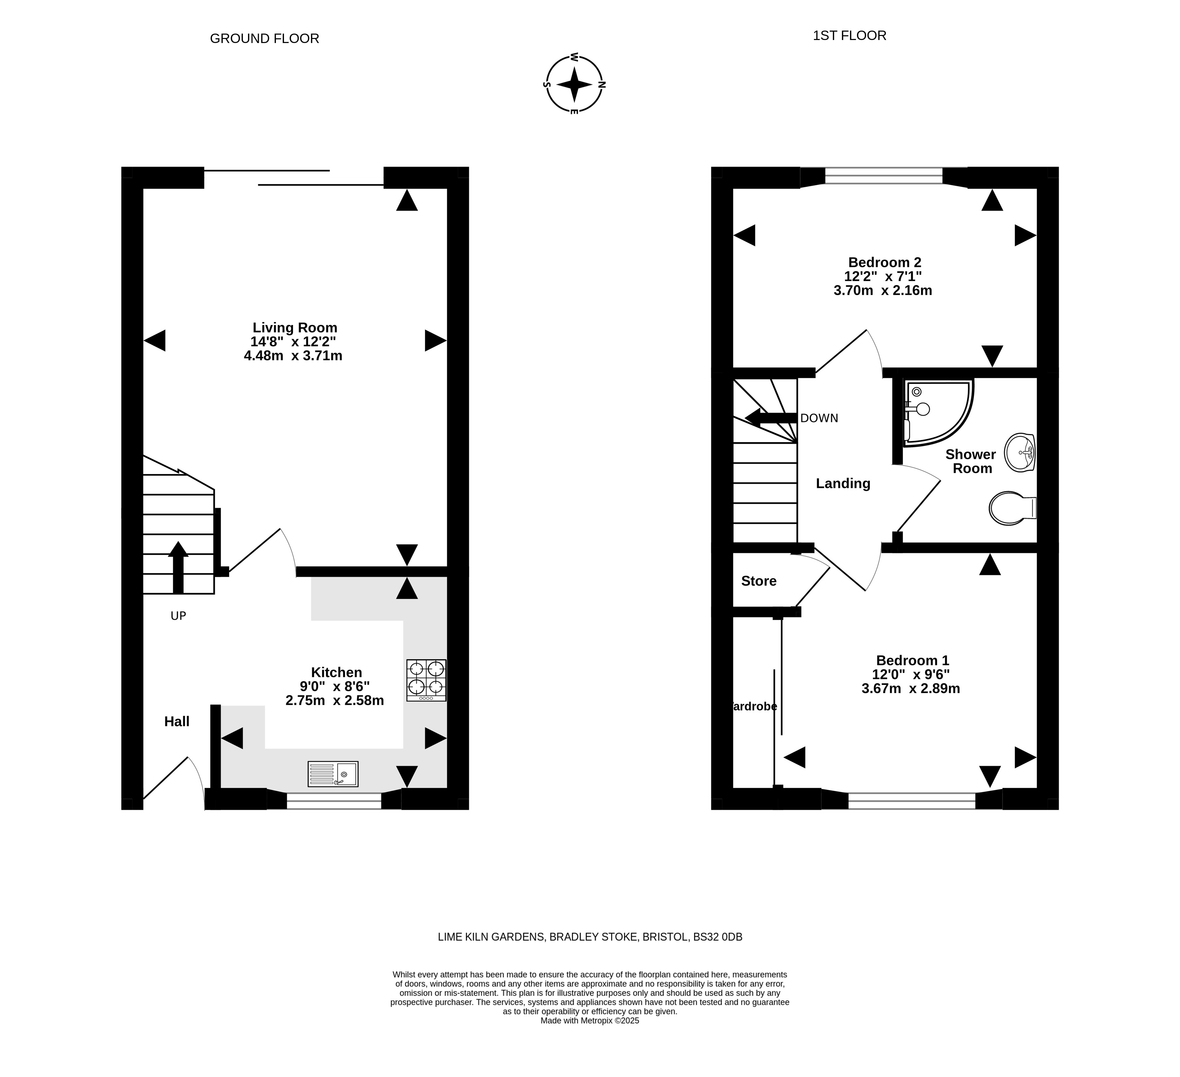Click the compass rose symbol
point(574,84)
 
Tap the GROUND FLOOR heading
point(264,39)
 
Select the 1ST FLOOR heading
point(849,36)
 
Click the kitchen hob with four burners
point(426,680)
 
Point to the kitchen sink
point(332,774)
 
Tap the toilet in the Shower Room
point(1012,508)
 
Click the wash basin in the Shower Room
point(1020,452)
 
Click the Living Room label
point(295,328)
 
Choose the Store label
point(758,581)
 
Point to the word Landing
point(843,483)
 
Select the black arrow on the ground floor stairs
point(178,568)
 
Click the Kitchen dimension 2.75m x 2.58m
point(335,700)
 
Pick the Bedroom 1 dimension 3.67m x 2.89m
point(911,689)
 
